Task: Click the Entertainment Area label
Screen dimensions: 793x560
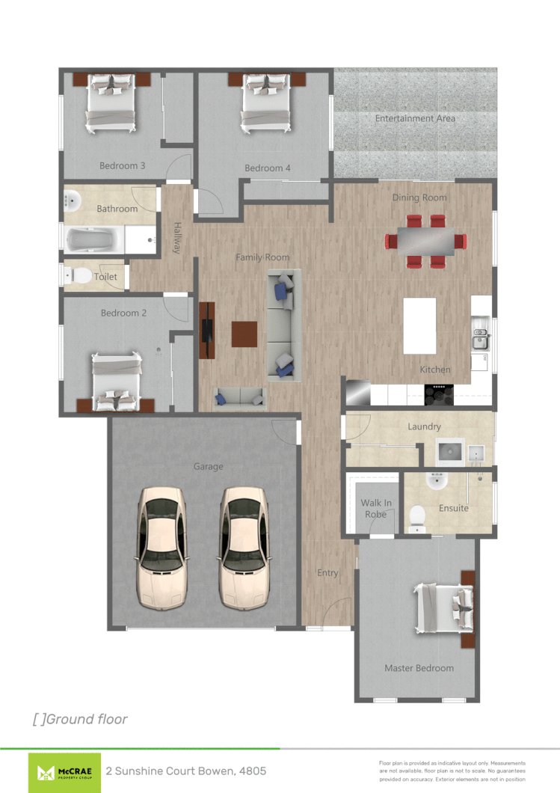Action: pyautogui.click(x=415, y=118)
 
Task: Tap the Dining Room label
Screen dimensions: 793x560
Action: pyautogui.click(x=419, y=198)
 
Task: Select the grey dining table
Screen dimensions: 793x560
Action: pyautogui.click(x=425, y=241)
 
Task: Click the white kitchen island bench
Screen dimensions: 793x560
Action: pyautogui.click(x=419, y=325)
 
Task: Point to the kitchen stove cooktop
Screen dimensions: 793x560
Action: pyautogui.click(x=439, y=394)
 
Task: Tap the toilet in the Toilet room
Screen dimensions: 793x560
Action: pyautogui.click(x=77, y=276)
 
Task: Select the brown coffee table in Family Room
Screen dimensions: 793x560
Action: pyautogui.click(x=244, y=334)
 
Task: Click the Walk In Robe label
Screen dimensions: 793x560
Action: pyautogui.click(x=376, y=509)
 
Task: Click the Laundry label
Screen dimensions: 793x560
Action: pyautogui.click(x=424, y=426)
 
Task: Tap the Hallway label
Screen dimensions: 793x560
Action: pyautogui.click(x=178, y=238)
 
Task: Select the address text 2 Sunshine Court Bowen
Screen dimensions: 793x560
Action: pyautogui.click(x=185, y=771)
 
